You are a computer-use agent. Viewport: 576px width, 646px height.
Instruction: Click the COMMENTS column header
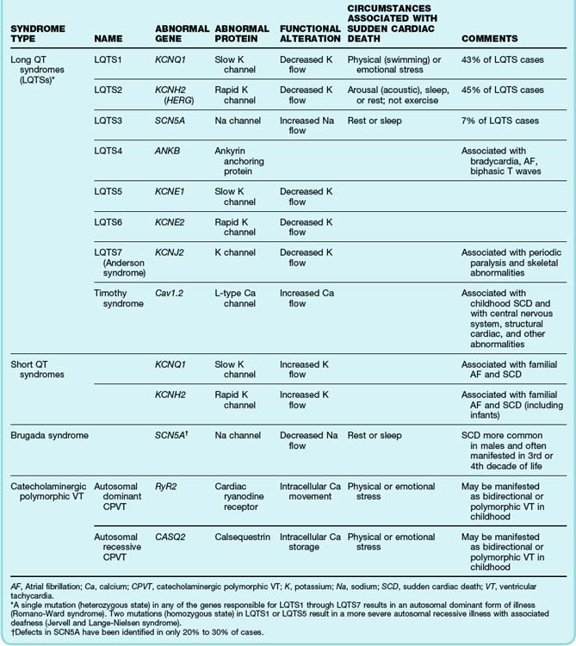490,39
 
